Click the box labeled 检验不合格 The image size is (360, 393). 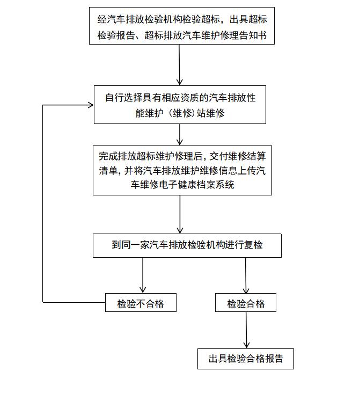[141, 303]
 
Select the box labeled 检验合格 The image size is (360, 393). [246, 303]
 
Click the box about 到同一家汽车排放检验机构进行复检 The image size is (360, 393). [187, 245]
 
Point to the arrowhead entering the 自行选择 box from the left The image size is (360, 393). [90, 105]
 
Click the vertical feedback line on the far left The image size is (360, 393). [43, 204]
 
